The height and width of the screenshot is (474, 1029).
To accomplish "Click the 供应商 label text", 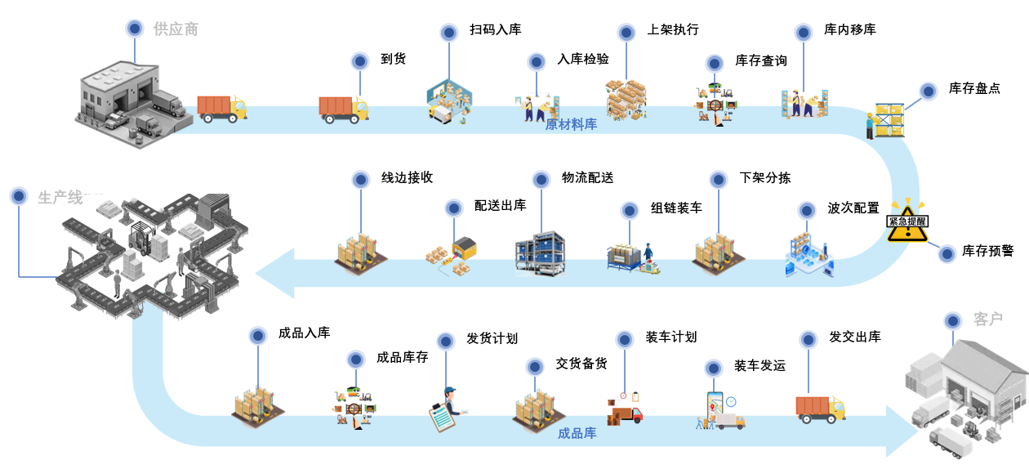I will point(176,29).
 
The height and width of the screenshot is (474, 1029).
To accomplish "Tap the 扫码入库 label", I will point(495,30).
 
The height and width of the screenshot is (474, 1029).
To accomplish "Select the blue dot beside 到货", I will point(359,60).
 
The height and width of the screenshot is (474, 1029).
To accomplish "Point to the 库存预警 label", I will point(987,251).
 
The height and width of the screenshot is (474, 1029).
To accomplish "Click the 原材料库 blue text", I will point(571,124).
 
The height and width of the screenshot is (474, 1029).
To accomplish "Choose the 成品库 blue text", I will point(577,433).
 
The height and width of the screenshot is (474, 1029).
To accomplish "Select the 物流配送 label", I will point(587,178).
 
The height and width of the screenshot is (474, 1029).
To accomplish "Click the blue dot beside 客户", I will point(952,320).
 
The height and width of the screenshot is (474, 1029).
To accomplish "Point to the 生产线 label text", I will point(60,197).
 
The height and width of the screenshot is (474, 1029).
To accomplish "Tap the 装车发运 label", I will point(759,365).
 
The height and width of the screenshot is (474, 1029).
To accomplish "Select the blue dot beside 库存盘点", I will point(928,91).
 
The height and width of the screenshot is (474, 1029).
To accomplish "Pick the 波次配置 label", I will point(853,208).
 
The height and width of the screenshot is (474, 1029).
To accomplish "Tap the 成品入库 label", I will point(304,333).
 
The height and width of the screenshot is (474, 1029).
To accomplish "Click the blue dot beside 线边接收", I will point(359,179).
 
